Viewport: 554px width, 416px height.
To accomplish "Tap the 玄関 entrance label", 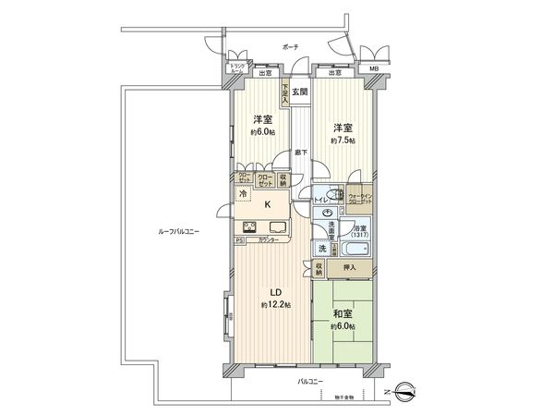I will click(x=299, y=92).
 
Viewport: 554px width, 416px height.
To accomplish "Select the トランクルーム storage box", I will click(x=237, y=68).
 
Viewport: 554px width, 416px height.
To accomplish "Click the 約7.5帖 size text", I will click(x=343, y=140).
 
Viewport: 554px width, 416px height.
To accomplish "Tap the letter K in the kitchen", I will click(x=269, y=207).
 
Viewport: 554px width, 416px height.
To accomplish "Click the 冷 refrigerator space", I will click(x=243, y=194).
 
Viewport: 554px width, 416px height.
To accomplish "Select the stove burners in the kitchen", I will click(x=250, y=228).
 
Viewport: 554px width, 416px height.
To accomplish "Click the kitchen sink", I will click(x=278, y=228).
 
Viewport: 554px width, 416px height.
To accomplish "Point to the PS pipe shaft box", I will click(x=239, y=242).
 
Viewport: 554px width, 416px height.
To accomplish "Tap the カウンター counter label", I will click(x=271, y=242).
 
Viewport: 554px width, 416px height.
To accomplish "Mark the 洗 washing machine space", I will click(x=323, y=248).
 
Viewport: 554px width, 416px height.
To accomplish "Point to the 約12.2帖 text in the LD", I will click(x=275, y=305).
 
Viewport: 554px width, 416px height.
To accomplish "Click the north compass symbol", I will click(x=406, y=390).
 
